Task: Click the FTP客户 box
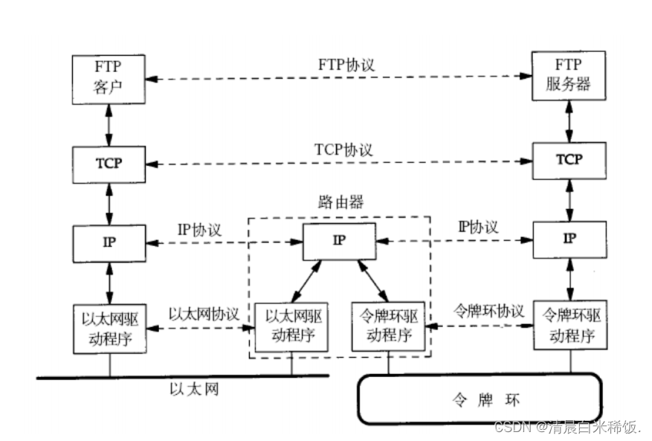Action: tap(109, 79)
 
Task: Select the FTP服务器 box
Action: tap(569, 76)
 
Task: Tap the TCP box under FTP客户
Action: tap(109, 165)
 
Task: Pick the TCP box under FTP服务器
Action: tap(569, 161)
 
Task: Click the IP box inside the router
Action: tap(339, 241)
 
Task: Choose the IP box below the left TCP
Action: tap(109, 243)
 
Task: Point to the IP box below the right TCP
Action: tap(569, 239)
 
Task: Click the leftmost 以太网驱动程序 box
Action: tap(110, 329)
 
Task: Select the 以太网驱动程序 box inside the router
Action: tap(291, 327)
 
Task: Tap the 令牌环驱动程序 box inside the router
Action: tap(388, 326)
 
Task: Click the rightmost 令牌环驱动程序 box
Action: tap(570, 325)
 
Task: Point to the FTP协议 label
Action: tap(346, 65)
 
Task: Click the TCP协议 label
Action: tap(343, 149)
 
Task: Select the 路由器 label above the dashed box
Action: tap(341, 202)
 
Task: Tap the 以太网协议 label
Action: tap(204, 314)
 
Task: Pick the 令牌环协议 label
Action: tap(488, 310)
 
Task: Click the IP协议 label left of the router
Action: tap(199, 230)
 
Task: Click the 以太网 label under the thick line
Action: tap(194, 390)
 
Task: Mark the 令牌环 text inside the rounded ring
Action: tap(485, 400)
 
